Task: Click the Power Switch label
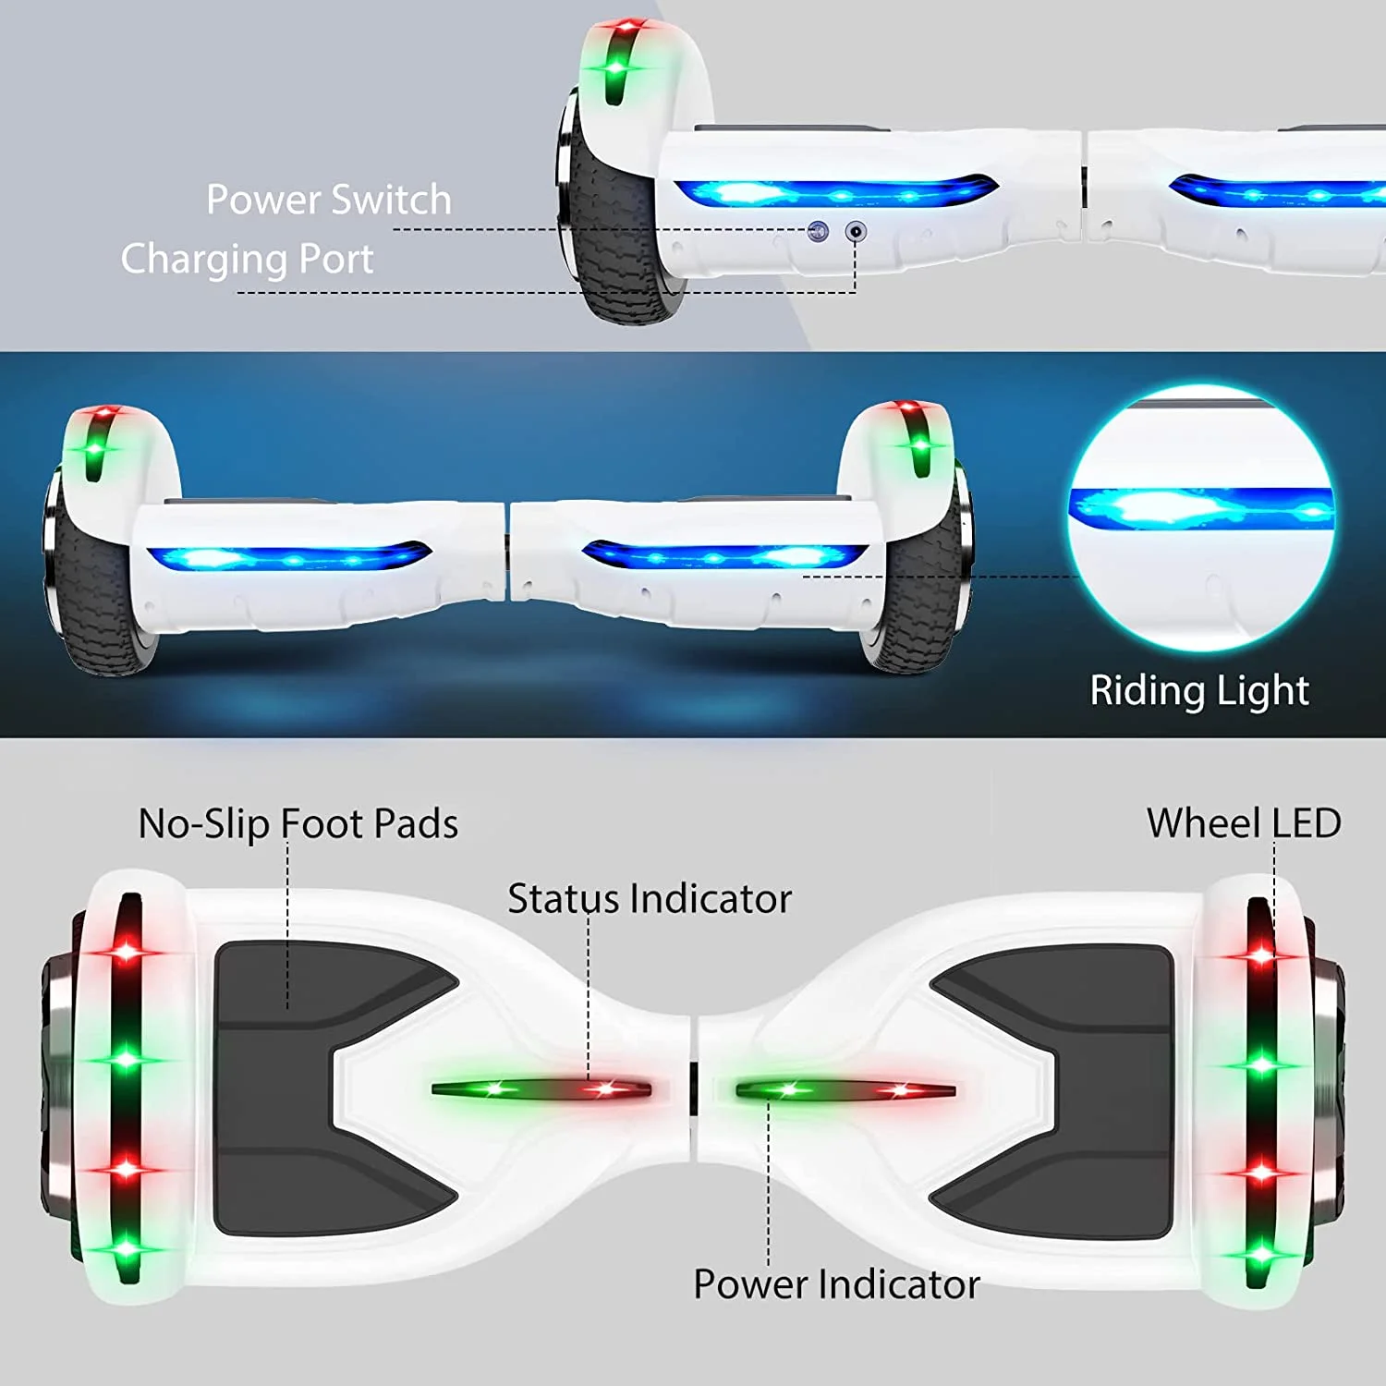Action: pyautogui.click(x=328, y=200)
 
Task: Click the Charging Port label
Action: pyautogui.click(x=247, y=259)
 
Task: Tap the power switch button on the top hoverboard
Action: pyautogui.click(x=818, y=231)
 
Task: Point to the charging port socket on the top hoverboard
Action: pyautogui.click(x=857, y=231)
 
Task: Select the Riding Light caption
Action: pyautogui.click(x=1199, y=690)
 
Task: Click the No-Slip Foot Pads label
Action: pyautogui.click(x=298, y=823)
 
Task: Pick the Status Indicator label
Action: pyautogui.click(x=650, y=898)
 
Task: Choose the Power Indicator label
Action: pyautogui.click(x=836, y=1284)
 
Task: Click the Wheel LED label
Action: pyautogui.click(x=1244, y=822)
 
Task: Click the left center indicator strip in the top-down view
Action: pyautogui.click(x=541, y=1089)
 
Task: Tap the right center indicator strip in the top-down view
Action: pyautogui.click(x=845, y=1090)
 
